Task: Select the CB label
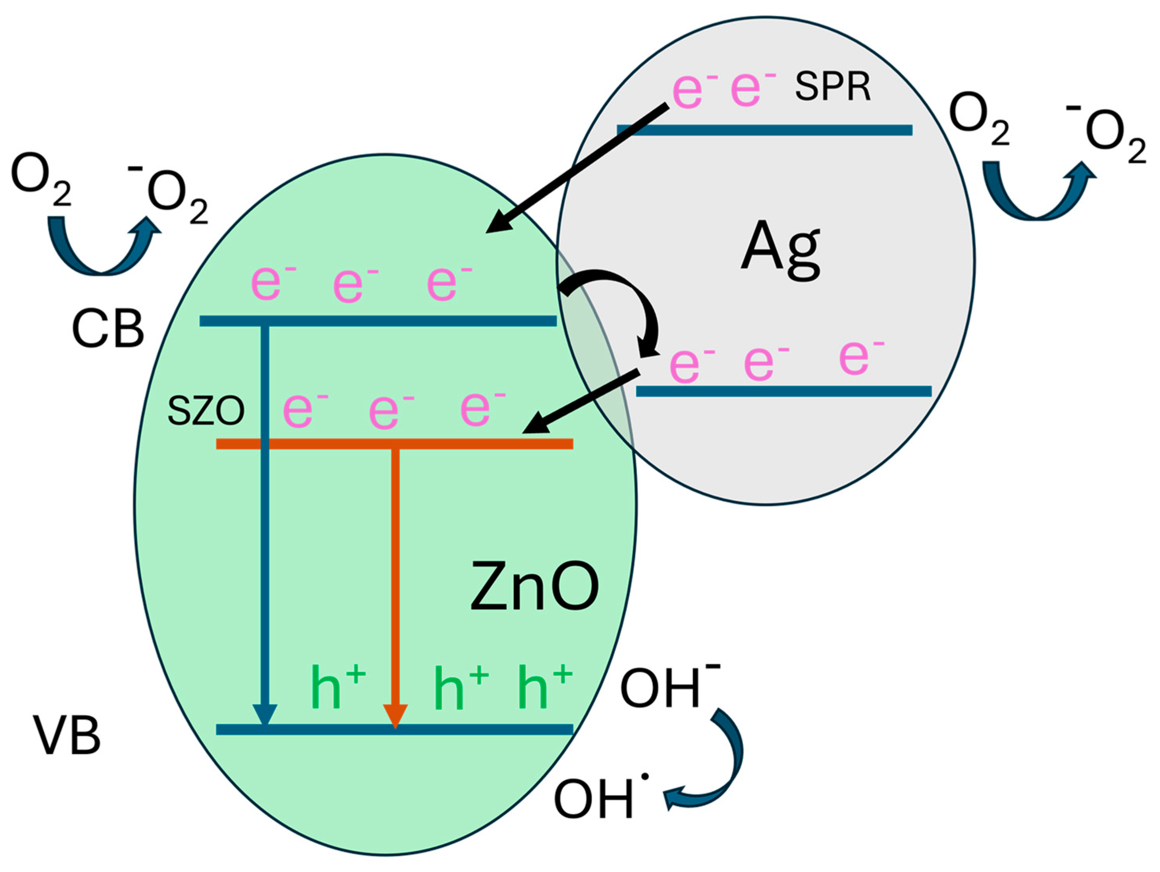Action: (107, 329)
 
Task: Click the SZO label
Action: (206, 411)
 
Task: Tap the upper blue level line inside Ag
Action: (764, 130)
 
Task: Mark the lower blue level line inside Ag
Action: (783, 391)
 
